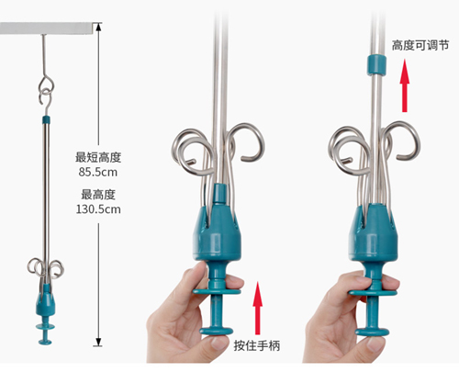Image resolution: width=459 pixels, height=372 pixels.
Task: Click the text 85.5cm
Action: (98, 172)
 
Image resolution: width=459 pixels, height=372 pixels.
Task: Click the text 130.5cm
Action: (98, 209)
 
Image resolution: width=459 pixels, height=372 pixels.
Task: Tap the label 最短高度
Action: (98, 157)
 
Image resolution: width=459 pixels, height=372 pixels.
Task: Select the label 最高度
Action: (98, 195)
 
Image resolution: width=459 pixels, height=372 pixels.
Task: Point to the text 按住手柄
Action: (257, 345)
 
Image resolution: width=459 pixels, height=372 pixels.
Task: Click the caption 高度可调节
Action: (420, 46)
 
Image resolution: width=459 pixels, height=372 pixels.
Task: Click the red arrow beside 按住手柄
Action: (258, 308)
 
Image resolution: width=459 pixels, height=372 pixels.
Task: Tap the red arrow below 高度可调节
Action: (405, 85)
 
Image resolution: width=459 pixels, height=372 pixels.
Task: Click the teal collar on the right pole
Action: (376, 65)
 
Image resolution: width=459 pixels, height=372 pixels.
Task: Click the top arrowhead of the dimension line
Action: (98, 27)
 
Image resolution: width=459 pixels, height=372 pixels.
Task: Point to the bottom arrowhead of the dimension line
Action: (98, 342)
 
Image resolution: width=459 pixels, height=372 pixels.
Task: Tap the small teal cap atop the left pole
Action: (46, 119)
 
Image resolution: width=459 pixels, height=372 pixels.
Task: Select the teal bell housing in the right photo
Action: (374, 232)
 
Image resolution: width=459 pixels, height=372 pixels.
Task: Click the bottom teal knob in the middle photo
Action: (217, 331)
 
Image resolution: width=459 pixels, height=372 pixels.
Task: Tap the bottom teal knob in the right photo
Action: (373, 332)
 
